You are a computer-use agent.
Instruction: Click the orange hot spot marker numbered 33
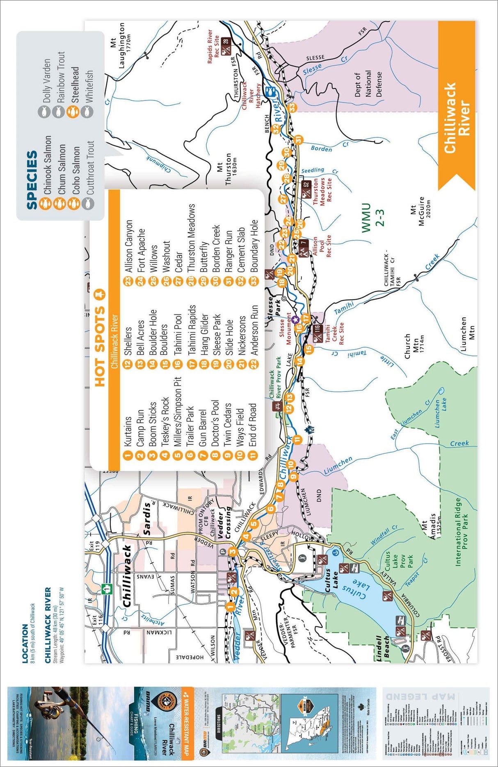292,107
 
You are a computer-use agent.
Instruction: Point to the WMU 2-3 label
372,218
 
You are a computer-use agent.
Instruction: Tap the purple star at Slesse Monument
295,319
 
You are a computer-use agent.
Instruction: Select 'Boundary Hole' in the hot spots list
254,246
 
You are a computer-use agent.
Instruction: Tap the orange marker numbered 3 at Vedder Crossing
233,551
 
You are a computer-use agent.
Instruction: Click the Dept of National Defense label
368,84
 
